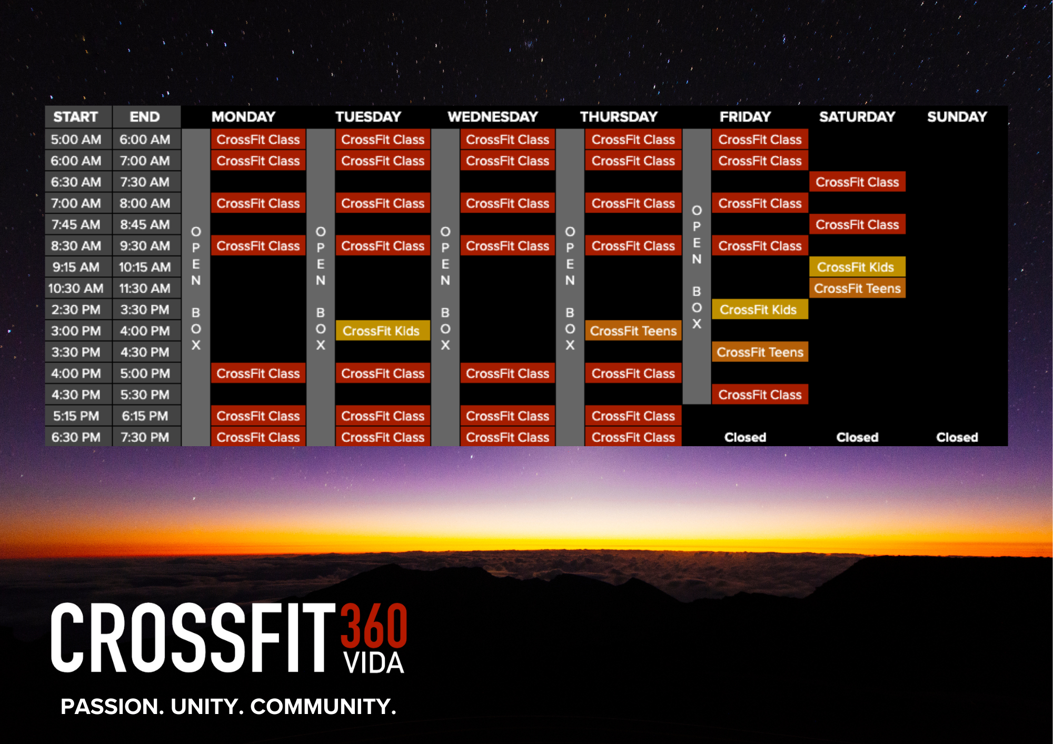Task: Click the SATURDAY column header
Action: tap(857, 117)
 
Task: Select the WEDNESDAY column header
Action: tap(493, 117)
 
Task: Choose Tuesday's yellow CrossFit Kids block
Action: tap(383, 331)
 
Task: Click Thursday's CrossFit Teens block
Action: tap(633, 331)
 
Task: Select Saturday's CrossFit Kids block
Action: tap(857, 267)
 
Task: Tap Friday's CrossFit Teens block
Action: tap(760, 352)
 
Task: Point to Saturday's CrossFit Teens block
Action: tap(857, 288)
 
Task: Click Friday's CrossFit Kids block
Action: tap(760, 309)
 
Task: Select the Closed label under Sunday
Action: tap(957, 437)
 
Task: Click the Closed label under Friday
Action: tap(745, 437)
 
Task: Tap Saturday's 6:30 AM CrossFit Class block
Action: tap(857, 182)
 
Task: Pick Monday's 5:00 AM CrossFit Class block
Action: tap(258, 139)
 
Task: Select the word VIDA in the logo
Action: tap(374, 663)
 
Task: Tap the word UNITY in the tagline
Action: tap(205, 707)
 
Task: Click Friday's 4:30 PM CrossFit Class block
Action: tap(760, 395)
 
